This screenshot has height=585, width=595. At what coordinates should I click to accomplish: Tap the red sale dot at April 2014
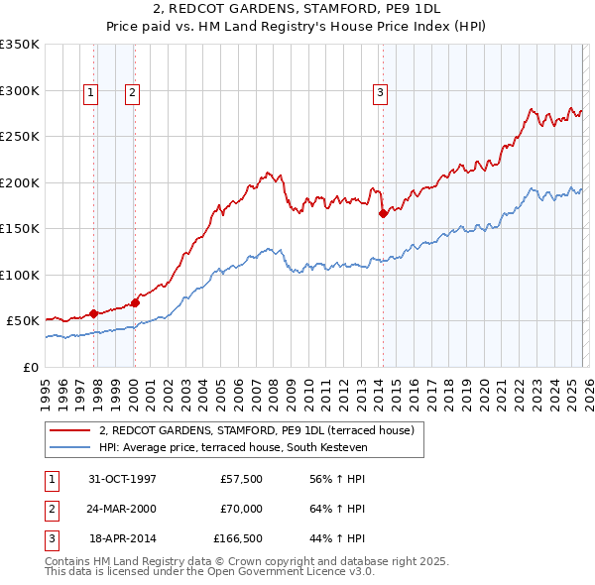tap(383, 212)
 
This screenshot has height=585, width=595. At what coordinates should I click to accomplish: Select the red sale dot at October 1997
tap(94, 313)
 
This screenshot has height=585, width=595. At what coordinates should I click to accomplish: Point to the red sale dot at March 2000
tap(136, 302)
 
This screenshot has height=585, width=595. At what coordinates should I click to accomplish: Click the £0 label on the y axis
tap(30, 367)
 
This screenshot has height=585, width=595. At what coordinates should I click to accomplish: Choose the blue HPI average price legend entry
tap(233, 448)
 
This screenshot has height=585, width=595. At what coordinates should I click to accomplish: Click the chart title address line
tap(297, 10)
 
